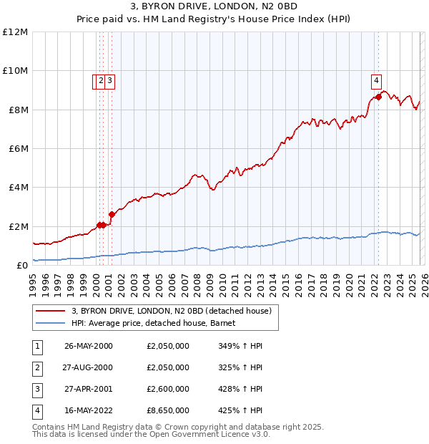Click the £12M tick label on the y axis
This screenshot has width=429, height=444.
16,32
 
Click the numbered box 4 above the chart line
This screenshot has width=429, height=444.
375,80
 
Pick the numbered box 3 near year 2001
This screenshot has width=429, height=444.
110,81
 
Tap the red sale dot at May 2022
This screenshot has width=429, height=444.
378,97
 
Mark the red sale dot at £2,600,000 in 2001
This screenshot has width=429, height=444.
112,214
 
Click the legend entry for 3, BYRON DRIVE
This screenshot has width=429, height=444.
172,311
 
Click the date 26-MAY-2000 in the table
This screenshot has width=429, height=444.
89,346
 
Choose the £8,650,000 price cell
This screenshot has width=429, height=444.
167,410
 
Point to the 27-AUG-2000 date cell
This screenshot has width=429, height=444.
89,367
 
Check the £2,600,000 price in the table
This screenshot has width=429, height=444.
167,389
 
